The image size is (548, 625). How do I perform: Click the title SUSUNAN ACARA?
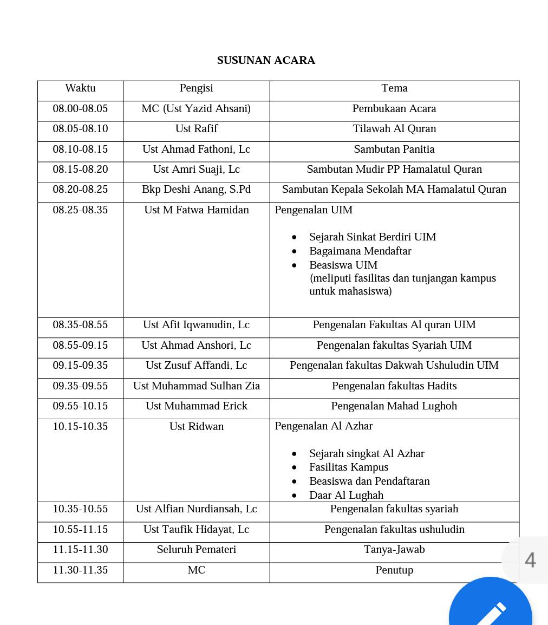point(266,61)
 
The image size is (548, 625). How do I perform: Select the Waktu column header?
point(80,88)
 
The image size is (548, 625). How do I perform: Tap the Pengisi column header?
point(196,88)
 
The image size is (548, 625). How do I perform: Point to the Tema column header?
point(394,88)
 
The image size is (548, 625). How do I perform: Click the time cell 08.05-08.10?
point(80,129)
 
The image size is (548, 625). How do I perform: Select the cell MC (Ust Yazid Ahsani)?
point(196,109)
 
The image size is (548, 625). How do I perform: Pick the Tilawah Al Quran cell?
point(394,129)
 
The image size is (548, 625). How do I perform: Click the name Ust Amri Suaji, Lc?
point(196,170)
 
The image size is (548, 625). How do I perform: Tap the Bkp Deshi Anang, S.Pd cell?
point(196,190)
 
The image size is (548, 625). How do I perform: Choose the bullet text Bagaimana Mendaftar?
point(360,251)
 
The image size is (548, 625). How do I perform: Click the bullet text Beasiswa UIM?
point(343,265)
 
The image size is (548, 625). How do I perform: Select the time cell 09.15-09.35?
point(80,366)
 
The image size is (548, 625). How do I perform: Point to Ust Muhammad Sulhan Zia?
point(196,386)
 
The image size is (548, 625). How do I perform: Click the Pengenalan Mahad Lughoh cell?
point(394,406)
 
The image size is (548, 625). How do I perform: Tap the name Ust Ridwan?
point(196,427)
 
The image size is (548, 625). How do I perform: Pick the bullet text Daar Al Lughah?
point(346,496)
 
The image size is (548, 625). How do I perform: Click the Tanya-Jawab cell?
point(394,550)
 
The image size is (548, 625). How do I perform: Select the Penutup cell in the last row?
point(394,570)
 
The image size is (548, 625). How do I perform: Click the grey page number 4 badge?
point(530,560)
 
